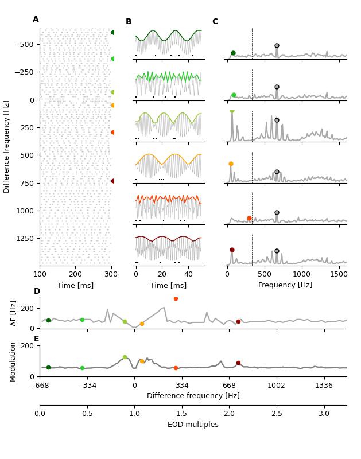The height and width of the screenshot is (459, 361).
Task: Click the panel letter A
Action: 36,20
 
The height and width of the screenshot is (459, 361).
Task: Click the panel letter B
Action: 129,22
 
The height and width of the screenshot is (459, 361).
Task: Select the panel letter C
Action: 215,22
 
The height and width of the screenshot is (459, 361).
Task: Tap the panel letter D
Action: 37,291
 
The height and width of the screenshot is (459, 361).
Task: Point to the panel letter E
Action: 37,339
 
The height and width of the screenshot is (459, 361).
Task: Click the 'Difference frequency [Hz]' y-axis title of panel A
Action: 7,146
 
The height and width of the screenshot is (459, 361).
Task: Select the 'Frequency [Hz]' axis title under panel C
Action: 285,285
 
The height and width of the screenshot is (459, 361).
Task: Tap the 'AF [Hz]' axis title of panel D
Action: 14,313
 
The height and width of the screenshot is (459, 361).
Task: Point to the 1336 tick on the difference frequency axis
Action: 324,386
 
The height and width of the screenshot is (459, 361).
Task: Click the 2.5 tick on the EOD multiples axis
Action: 277,413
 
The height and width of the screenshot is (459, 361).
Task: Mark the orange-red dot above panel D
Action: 176,298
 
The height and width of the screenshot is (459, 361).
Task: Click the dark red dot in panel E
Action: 238,363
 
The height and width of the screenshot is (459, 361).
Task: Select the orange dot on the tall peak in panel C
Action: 231,164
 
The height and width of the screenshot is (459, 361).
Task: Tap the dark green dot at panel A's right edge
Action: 113,33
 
